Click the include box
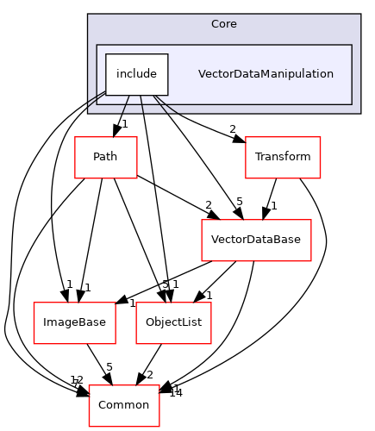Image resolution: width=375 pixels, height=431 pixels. tap(136, 74)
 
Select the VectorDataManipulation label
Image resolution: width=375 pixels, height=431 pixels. tap(266, 74)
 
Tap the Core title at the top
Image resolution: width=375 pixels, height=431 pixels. tap(223, 23)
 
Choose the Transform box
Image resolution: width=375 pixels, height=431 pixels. tap(282, 157)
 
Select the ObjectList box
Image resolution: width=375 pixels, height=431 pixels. tap(168, 322)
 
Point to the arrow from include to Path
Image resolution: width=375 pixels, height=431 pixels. tap(122, 116)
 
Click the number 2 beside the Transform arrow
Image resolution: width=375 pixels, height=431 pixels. tap(233, 129)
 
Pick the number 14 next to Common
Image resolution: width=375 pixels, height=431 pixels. tap(176, 392)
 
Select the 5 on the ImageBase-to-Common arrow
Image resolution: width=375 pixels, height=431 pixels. tap(109, 367)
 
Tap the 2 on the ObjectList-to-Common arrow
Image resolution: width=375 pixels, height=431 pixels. tap(150, 374)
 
